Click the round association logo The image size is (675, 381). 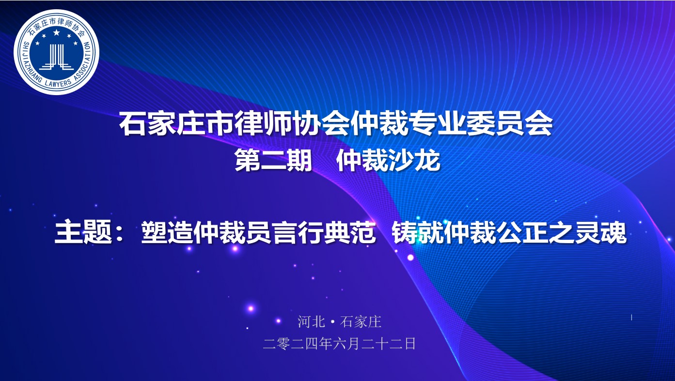pos(56,52)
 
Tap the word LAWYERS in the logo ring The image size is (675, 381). pos(59,83)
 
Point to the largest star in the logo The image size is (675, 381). pos(56,32)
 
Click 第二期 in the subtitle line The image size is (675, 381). pos(273,161)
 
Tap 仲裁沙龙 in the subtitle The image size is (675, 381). pos(388,161)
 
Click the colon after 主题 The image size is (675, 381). pos(120,233)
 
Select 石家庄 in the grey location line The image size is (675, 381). pos(361,322)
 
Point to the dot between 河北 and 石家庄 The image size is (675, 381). pos(332,322)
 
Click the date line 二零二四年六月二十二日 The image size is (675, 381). pos(339,344)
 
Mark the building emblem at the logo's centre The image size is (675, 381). pos(56,57)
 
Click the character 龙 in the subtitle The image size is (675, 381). pos(427,161)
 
